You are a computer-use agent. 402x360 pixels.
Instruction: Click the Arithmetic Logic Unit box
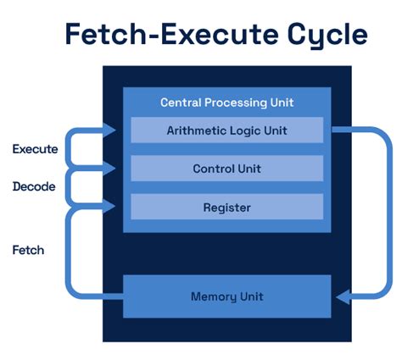tap(226, 130)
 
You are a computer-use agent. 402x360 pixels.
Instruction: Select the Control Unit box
tap(226, 169)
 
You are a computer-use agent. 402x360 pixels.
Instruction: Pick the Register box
tap(226, 207)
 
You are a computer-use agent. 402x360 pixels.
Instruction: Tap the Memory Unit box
tap(226, 296)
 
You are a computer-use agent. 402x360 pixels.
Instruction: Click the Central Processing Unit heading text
tap(226, 102)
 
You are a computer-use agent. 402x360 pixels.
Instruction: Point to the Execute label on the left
tap(35, 149)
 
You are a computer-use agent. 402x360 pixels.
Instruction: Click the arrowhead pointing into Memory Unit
tap(342, 296)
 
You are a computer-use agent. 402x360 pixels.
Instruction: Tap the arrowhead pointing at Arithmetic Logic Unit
tap(111, 130)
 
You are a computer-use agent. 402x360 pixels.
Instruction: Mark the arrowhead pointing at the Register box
tap(111, 206)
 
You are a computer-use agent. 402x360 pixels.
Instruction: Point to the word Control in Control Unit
tap(214, 169)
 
